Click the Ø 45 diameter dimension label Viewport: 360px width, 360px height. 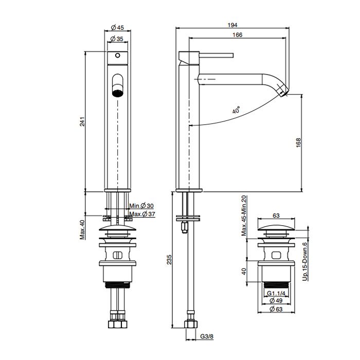coord(118,28)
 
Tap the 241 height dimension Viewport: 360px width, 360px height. coord(82,121)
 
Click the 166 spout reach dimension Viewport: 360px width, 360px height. coord(237,34)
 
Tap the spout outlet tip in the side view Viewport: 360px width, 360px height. coord(284,93)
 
